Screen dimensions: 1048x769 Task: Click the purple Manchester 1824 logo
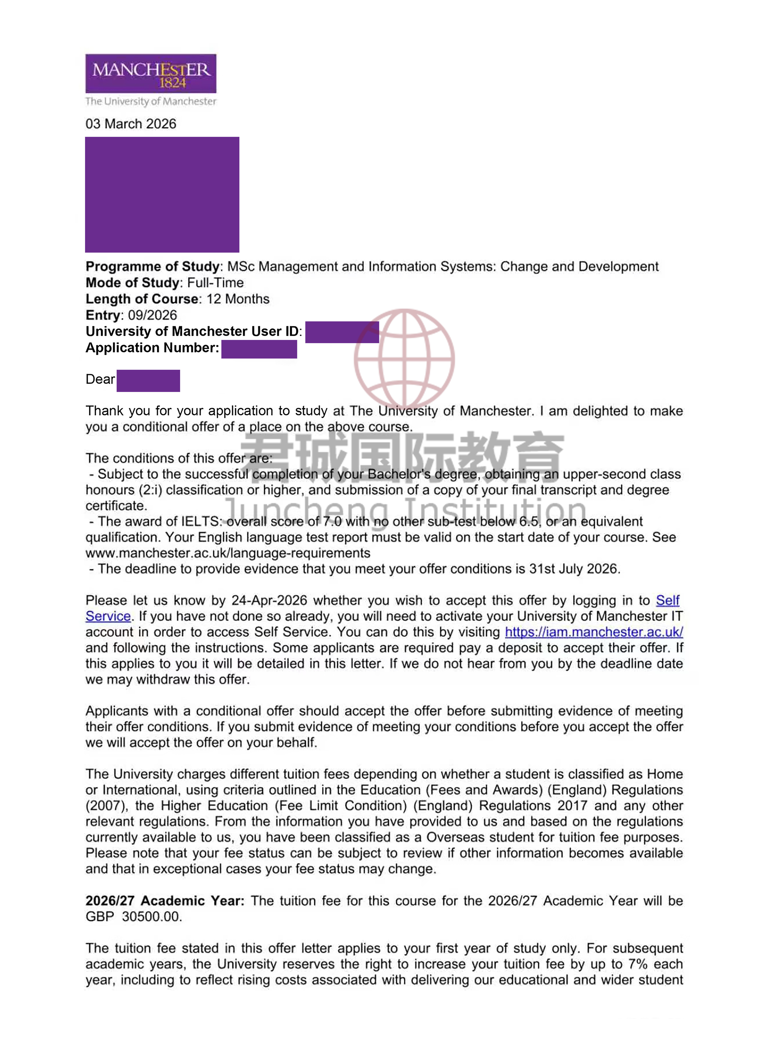(150, 74)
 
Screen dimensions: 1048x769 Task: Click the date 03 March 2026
(131, 124)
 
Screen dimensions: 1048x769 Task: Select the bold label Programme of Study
(152, 266)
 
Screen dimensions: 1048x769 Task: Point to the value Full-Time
(215, 283)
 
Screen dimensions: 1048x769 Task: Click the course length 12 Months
(238, 299)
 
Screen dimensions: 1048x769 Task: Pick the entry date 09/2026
(153, 315)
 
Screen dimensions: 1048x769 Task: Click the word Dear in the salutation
(100, 379)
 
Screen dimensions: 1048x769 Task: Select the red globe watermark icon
(404, 359)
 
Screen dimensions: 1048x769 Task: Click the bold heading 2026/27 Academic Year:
(165, 901)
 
